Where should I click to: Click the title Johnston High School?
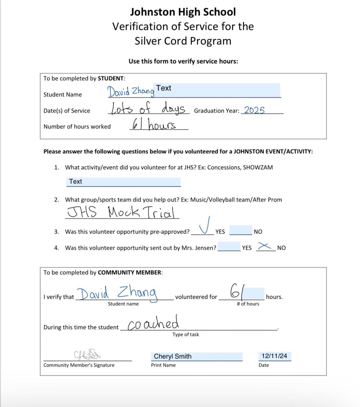(x=183, y=12)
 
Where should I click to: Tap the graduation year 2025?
(x=254, y=110)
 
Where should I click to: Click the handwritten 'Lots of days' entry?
(x=148, y=108)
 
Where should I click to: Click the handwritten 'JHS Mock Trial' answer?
(x=122, y=212)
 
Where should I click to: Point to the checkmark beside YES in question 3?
(x=205, y=225)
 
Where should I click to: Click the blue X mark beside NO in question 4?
(x=265, y=246)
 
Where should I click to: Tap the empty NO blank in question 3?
(x=241, y=230)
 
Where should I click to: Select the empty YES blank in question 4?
(x=229, y=246)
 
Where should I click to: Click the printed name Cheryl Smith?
(x=173, y=356)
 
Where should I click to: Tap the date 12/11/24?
(x=274, y=356)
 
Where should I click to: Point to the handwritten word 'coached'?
(x=153, y=324)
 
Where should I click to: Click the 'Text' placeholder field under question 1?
(x=123, y=182)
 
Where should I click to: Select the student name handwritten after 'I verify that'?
(x=117, y=293)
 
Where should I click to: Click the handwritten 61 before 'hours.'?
(x=237, y=291)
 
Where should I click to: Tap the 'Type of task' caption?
(x=186, y=335)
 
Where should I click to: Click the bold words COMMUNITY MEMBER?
(x=130, y=272)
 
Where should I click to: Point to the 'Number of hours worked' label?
(x=77, y=127)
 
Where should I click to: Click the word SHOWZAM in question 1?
(x=258, y=168)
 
